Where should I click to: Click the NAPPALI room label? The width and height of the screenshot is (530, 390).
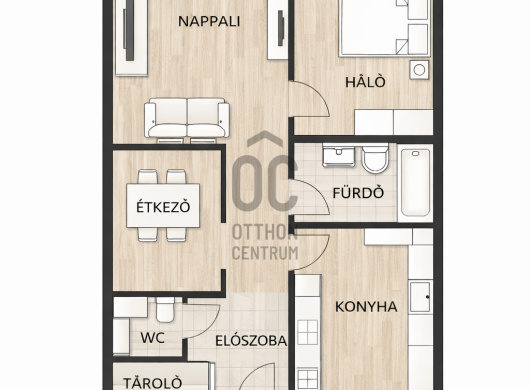[x=209, y=22]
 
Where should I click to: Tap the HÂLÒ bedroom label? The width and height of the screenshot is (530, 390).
[x=365, y=82]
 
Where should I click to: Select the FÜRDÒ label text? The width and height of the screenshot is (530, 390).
[x=358, y=193]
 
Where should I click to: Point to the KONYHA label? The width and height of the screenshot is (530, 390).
[x=366, y=307]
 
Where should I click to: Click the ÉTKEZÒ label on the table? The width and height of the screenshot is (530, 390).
[x=163, y=206]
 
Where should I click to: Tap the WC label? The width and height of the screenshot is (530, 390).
[x=152, y=338]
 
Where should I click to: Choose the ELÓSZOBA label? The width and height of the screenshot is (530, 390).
[x=251, y=341]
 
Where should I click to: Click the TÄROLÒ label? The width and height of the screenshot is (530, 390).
[x=152, y=383]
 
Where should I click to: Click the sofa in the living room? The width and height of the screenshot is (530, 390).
[x=187, y=119]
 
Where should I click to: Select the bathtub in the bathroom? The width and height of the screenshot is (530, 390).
[x=415, y=183]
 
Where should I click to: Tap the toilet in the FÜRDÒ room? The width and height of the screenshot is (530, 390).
[x=375, y=158]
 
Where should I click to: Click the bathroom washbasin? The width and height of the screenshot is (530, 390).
[x=339, y=155]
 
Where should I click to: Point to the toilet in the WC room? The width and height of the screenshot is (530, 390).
[x=165, y=309]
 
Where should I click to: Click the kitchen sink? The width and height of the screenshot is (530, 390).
[x=420, y=297]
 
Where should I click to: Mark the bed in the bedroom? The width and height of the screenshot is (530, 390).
[x=385, y=28]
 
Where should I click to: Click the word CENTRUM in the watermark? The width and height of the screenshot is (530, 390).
[x=265, y=253]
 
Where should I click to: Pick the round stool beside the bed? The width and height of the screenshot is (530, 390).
[x=419, y=70]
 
